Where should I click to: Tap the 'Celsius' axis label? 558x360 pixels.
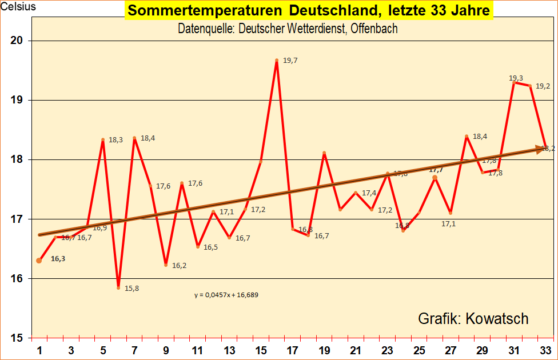[18, 7]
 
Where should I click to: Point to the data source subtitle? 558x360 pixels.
[288, 29]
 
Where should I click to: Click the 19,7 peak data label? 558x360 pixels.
[290, 61]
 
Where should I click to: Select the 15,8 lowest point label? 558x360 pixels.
[131, 289]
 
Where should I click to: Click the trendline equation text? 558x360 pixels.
[229, 295]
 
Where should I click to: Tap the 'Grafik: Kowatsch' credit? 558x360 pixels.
[473, 318]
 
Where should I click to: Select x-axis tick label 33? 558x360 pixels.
[547, 350]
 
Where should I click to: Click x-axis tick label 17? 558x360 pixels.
[293, 350]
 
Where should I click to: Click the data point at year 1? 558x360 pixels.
[39, 261]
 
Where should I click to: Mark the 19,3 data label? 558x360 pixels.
[516, 78]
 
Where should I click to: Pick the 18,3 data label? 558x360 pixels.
[115, 139]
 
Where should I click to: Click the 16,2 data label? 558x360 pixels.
[179, 266]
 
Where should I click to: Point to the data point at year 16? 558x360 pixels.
[277, 60]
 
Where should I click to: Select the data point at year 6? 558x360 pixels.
[118, 288]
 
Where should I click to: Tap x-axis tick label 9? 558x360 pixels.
[166, 350]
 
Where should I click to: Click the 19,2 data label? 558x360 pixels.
[543, 86]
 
